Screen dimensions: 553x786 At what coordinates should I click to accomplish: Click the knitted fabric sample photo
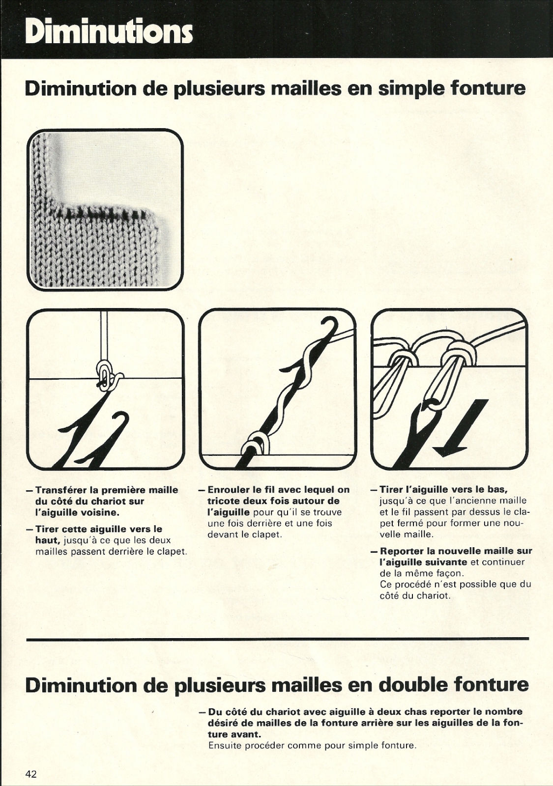105,209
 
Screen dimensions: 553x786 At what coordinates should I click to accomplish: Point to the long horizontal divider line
277,639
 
